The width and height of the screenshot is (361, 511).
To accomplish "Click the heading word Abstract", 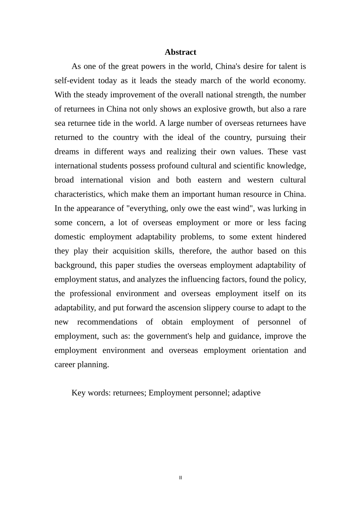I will tap(180, 52).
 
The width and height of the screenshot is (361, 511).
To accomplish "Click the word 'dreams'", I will tap(66, 152).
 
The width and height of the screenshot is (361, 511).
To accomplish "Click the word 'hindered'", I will tap(291, 237).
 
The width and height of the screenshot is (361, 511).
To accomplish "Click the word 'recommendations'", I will tap(107, 322).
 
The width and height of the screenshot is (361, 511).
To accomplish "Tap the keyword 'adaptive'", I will tap(246, 393).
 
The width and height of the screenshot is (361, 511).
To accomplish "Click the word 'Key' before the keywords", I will tap(78, 393).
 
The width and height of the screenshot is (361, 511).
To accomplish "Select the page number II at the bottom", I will tap(180, 478).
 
